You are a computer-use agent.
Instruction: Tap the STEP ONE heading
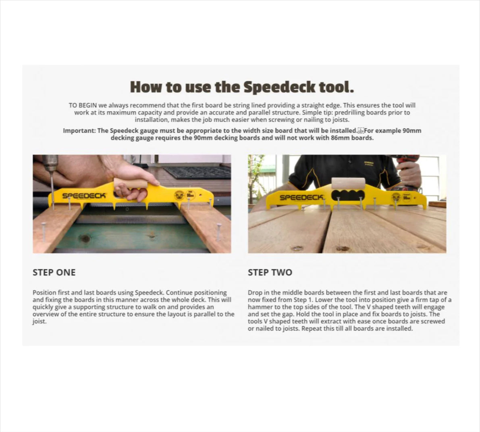click(x=54, y=272)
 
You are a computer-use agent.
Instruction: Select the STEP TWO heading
click(x=270, y=272)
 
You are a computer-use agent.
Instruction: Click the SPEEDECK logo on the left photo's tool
click(x=84, y=196)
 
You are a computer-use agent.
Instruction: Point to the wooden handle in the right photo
click(x=347, y=184)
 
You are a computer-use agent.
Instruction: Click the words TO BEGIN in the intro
click(x=83, y=105)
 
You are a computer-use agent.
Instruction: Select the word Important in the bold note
click(x=79, y=131)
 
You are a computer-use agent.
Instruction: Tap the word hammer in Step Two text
click(x=259, y=307)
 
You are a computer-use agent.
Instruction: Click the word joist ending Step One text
click(x=39, y=321)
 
